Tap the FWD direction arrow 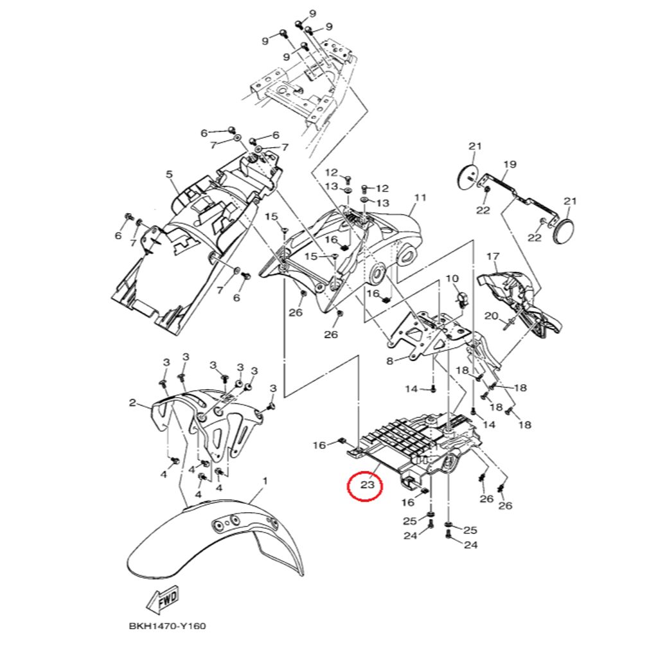[x=162, y=599]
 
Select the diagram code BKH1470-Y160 [x=167, y=625]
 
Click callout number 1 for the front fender [x=265, y=481]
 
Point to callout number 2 [x=132, y=403]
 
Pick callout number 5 [x=170, y=174]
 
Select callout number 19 [x=510, y=164]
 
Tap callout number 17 [x=492, y=257]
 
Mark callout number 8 [x=389, y=361]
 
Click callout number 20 [x=491, y=316]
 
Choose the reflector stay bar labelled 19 [x=520, y=193]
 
